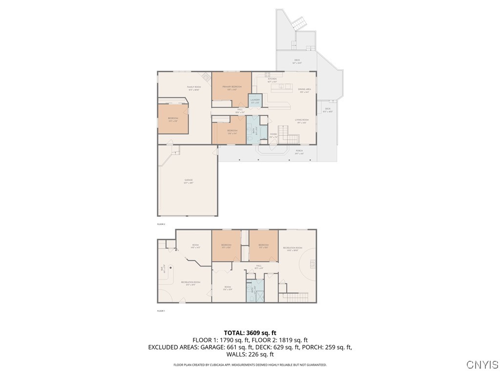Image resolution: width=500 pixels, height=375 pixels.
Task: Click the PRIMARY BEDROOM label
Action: point(232,86)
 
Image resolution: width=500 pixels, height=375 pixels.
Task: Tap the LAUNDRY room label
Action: point(255,100)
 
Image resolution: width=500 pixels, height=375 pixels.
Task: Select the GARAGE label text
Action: point(188,180)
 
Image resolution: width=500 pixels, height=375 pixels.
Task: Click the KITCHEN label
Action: point(272,79)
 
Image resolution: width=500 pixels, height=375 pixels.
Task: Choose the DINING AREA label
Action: point(305,89)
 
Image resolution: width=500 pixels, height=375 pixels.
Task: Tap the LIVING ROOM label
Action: point(302,120)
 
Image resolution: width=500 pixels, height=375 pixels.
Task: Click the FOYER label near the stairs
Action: point(273,134)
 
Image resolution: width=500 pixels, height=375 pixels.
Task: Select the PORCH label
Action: point(299,151)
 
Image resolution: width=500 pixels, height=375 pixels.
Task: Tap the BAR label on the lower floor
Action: point(162,268)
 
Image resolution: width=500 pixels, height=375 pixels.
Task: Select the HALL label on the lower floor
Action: point(259,266)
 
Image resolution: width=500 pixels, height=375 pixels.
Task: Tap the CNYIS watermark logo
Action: point(482,365)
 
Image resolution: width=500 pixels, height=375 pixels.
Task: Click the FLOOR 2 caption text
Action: point(161,224)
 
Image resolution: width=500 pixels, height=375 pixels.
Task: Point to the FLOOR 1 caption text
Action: point(161,311)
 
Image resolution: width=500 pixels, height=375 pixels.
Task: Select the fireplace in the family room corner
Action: point(207,76)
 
